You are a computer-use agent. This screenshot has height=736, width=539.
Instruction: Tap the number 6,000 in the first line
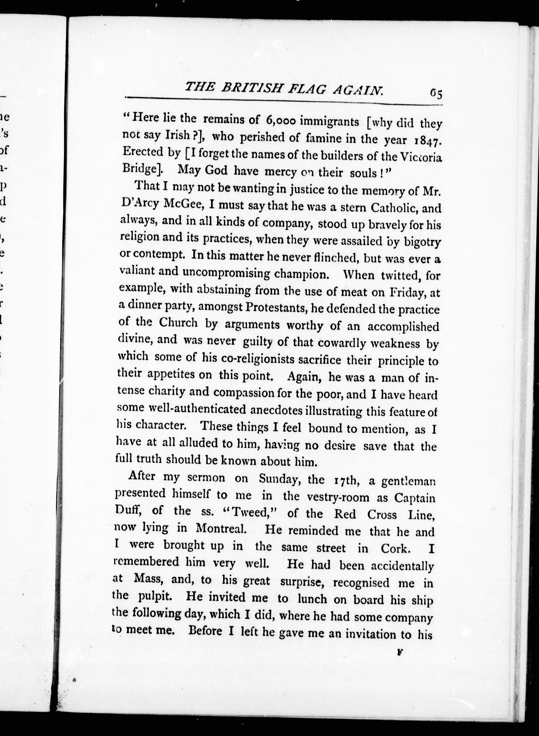pyautogui.click(x=281, y=121)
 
